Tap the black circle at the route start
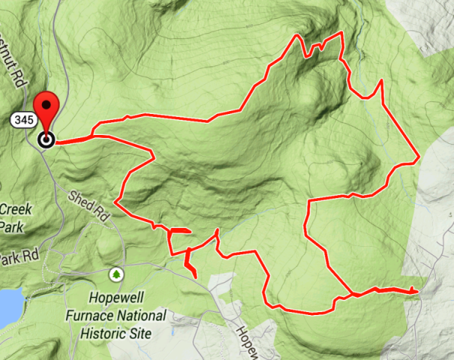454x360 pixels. [47, 139]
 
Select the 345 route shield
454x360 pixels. [22, 120]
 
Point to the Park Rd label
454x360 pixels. [18, 256]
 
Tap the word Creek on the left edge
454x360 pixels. [15, 209]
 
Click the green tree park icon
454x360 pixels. [115, 274]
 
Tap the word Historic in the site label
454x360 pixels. [104, 332]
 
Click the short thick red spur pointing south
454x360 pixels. [190, 265]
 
